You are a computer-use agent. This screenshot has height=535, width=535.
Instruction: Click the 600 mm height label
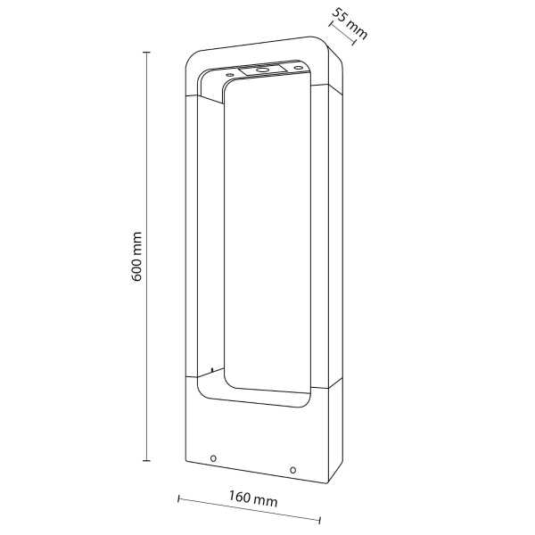137,258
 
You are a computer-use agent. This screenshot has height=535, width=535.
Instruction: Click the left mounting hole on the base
212,459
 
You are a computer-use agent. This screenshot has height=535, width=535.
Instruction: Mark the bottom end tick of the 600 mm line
146,461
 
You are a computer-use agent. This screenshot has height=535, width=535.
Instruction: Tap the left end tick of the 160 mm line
178,497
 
